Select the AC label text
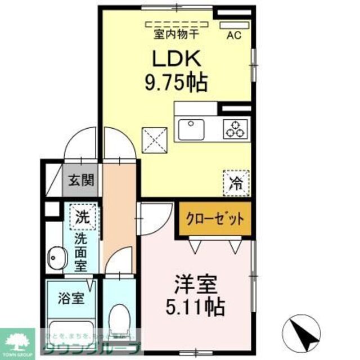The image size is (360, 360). click(233, 35)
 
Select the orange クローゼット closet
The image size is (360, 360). click(215, 219)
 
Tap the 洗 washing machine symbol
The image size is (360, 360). click(82, 217)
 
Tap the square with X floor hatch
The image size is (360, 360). click(155, 139)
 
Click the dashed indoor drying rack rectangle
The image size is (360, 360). click(175, 24)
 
